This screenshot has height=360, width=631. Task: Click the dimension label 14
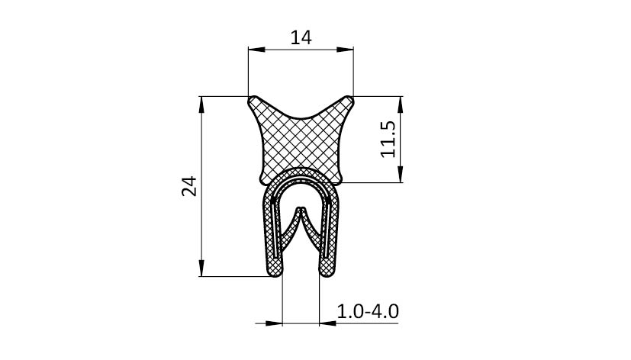pos(301,38)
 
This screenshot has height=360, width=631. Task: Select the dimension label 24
pos(189,186)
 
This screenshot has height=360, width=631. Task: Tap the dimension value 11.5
pos(388,139)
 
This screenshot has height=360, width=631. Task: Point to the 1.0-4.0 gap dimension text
pos(368,311)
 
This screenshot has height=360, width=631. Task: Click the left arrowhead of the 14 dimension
pos(256,50)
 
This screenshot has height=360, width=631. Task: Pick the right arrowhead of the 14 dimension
pos(345,50)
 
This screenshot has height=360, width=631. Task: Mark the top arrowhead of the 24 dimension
pos(201,104)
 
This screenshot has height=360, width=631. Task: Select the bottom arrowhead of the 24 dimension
pos(201,268)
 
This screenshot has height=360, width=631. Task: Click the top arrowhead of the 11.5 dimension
pos(400,104)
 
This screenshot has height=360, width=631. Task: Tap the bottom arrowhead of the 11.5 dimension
pos(400,174)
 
